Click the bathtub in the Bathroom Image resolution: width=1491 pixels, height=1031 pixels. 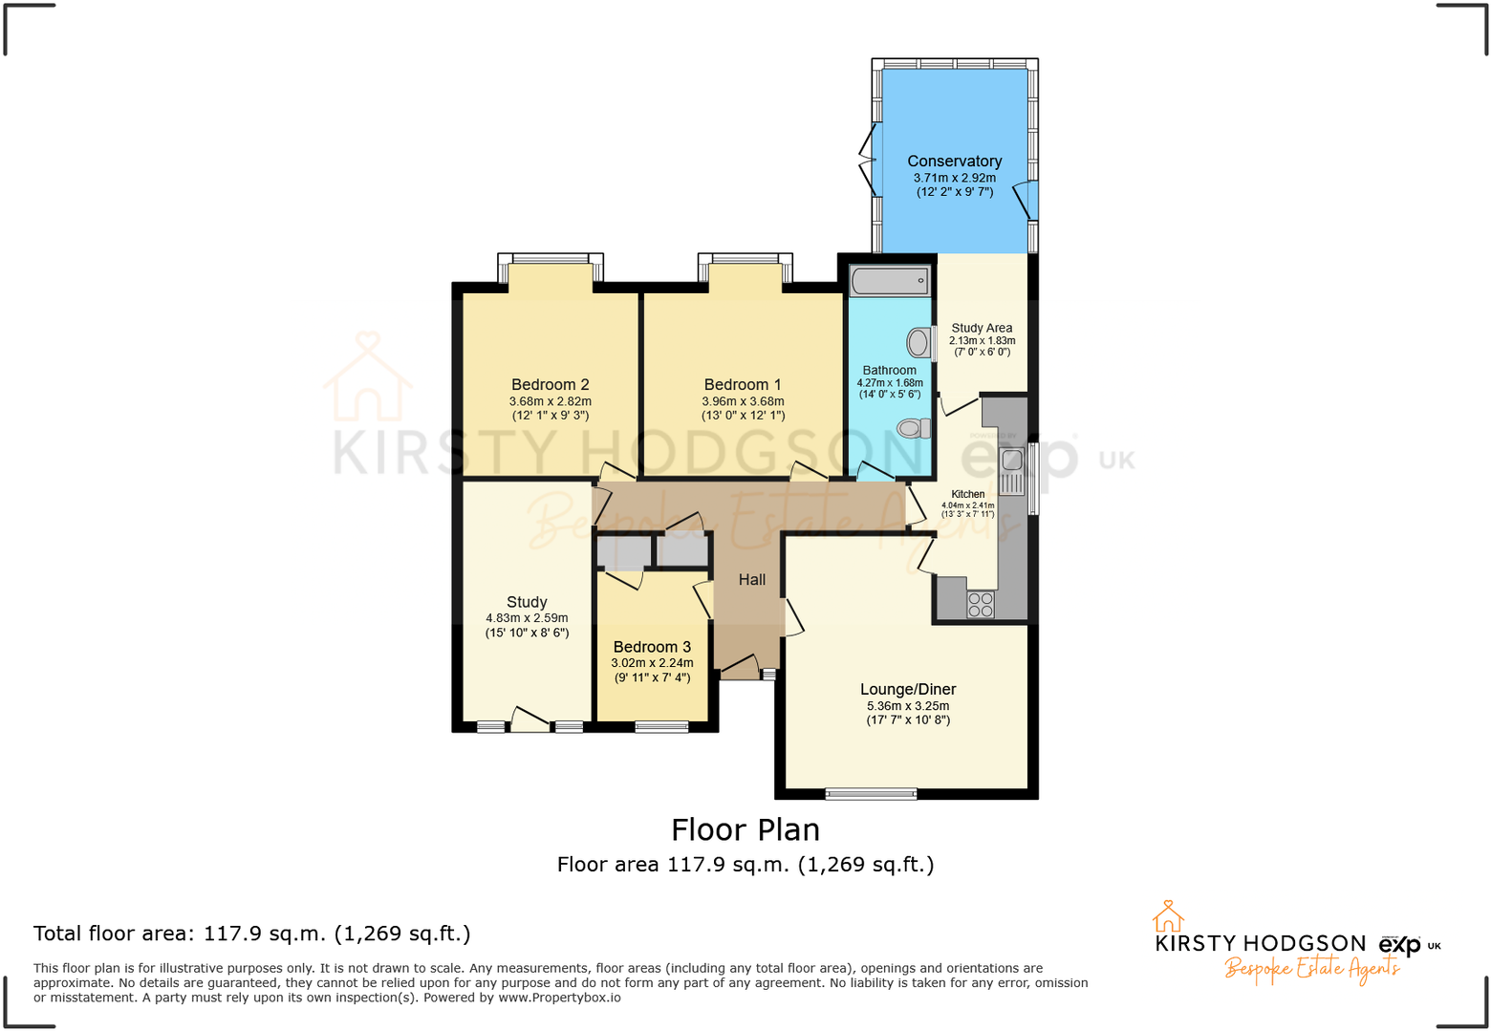pos(889,281)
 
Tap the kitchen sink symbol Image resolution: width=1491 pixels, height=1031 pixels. pos(1011,470)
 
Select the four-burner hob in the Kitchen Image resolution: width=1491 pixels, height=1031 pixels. pos(980,604)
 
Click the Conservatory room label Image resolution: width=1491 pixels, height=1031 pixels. pos(954,161)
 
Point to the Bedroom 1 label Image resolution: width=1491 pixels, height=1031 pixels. pos(742,385)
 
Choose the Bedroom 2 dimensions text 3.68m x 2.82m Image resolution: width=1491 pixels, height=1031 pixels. pos(550,402)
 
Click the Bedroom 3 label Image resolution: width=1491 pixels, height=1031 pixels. pos(652,647)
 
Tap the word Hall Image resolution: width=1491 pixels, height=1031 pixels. pos(751,580)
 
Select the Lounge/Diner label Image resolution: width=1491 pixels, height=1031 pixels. pos(907,689)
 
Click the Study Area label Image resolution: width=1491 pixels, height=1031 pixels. pos(982,328)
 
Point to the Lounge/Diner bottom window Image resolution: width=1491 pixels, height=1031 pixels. pos(871,793)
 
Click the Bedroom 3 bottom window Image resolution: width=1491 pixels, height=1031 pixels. pos(661,727)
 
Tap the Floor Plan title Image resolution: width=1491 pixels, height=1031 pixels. pos(745,829)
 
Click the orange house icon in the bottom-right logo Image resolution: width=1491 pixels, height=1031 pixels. pos(1167,916)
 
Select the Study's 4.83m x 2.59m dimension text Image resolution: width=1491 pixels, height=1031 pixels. pos(527,618)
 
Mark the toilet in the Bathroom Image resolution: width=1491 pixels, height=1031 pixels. pos(914,429)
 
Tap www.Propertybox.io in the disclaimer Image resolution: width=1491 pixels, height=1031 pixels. pos(559,998)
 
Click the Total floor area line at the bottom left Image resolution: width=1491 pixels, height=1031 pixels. pos(251,934)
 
